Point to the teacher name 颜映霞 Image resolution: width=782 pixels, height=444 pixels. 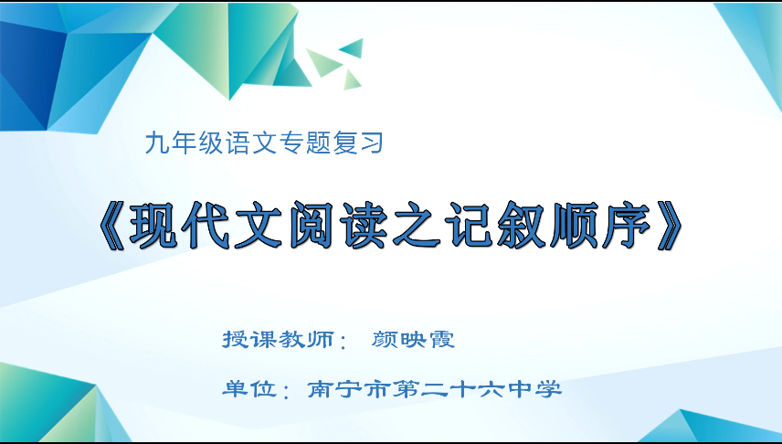(414, 340)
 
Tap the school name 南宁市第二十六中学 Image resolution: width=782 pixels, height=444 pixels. (434, 389)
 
